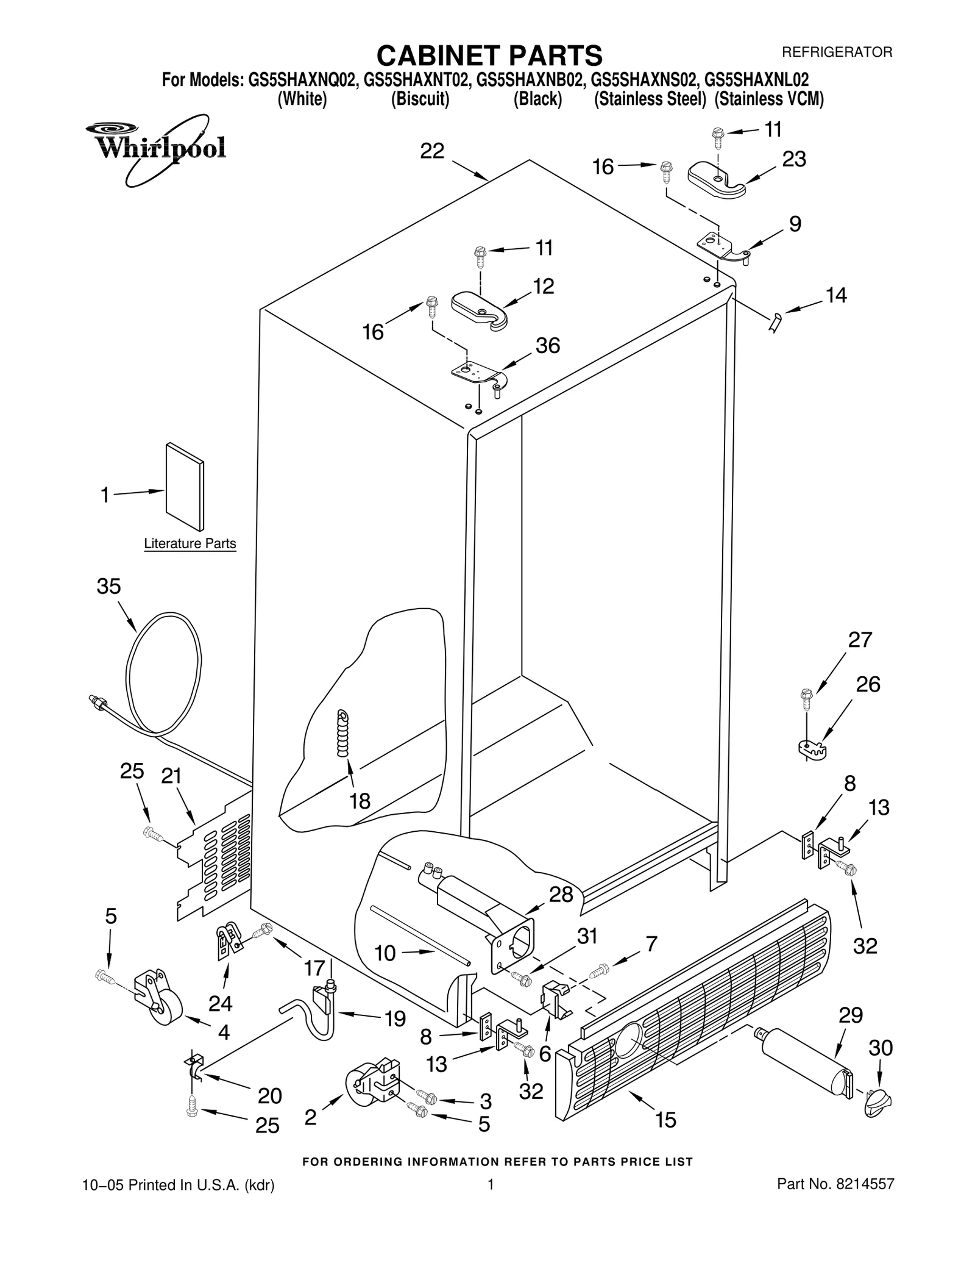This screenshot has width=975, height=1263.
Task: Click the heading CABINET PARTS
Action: (x=489, y=55)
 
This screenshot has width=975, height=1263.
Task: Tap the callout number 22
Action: (x=432, y=151)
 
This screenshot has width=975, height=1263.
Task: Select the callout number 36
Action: (x=547, y=346)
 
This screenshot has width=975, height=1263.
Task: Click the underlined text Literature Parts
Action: (x=190, y=543)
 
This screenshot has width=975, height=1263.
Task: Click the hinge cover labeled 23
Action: (x=716, y=181)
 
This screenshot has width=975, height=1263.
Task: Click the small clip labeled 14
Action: (x=775, y=321)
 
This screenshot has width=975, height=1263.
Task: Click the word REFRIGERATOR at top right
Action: (x=837, y=52)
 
